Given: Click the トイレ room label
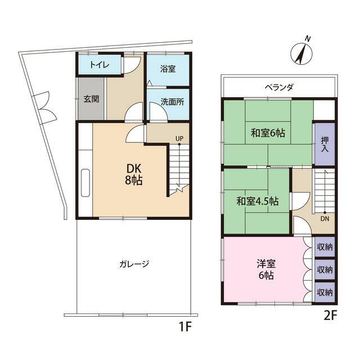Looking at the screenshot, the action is click(x=100, y=65).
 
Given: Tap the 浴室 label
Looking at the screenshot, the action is click(x=168, y=69).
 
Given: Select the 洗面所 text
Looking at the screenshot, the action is click(x=172, y=102).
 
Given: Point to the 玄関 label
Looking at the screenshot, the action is click(x=91, y=99).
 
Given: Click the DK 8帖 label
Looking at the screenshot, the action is click(x=134, y=174).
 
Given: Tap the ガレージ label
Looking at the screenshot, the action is click(x=134, y=264).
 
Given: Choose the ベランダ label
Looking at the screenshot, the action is click(x=279, y=87).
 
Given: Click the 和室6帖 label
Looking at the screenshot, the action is click(x=268, y=133).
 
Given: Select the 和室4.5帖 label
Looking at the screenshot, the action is click(x=258, y=201).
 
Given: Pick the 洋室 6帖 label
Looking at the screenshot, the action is click(x=266, y=269).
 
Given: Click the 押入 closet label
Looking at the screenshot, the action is click(x=325, y=144).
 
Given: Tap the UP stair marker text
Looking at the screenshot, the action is click(x=179, y=139).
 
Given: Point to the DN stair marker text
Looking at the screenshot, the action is click(x=325, y=219).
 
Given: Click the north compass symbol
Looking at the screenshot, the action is click(x=301, y=53).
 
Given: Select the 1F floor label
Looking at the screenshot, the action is click(x=185, y=326).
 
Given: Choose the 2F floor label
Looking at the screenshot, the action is click(x=330, y=316).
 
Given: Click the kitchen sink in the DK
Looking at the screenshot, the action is click(x=85, y=183).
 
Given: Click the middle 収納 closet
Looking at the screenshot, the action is click(x=325, y=269).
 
